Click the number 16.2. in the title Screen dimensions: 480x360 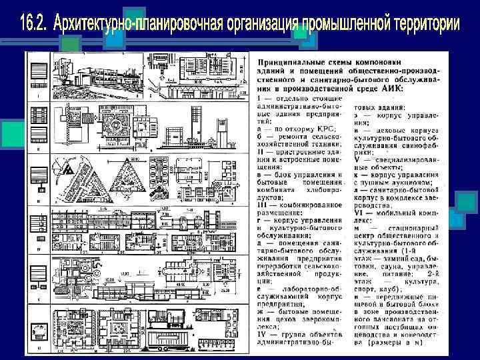(x=33, y=24)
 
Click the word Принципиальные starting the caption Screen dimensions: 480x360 (x=287, y=60)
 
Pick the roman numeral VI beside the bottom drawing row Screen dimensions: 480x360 (x=39, y=347)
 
